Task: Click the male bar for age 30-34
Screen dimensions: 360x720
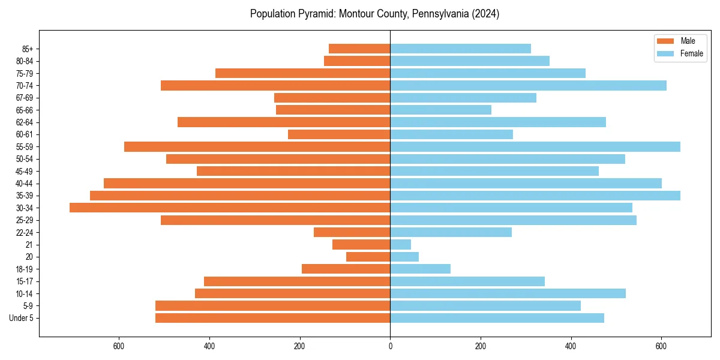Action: point(230,208)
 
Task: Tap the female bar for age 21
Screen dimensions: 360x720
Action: point(401,245)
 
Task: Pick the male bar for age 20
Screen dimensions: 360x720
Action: point(368,257)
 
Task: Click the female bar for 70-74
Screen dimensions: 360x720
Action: point(528,85)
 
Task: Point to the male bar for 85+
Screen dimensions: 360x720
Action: point(359,49)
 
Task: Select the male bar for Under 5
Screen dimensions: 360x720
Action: point(273,318)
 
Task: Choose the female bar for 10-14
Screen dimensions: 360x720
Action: point(508,293)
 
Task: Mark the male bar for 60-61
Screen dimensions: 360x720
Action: point(339,134)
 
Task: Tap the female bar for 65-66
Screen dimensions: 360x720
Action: point(441,110)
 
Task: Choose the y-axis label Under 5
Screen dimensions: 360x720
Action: point(22,318)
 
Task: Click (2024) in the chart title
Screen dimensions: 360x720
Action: point(484,14)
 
